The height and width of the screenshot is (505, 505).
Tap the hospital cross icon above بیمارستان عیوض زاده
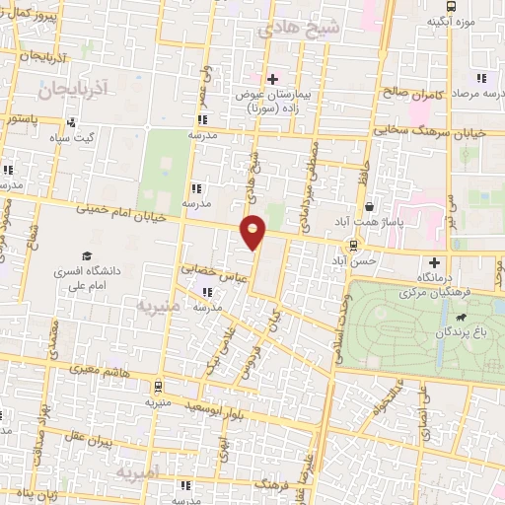[x=272, y=78]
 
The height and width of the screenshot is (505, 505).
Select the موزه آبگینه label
[x=452, y=20]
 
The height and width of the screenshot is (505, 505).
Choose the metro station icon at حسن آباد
[x=351, y=246]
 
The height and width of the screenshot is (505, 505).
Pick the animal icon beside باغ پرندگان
[x=460, y=318]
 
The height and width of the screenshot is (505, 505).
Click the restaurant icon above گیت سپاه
[x=71, y=123]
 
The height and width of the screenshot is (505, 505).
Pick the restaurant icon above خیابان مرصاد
[x=481, y=78]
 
